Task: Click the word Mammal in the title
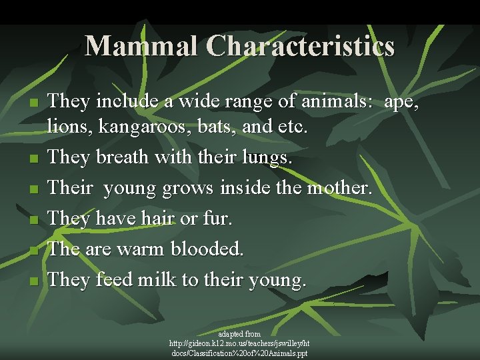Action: [142, 46]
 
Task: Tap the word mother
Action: [338, 188]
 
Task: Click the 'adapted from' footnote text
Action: [239, 333]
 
